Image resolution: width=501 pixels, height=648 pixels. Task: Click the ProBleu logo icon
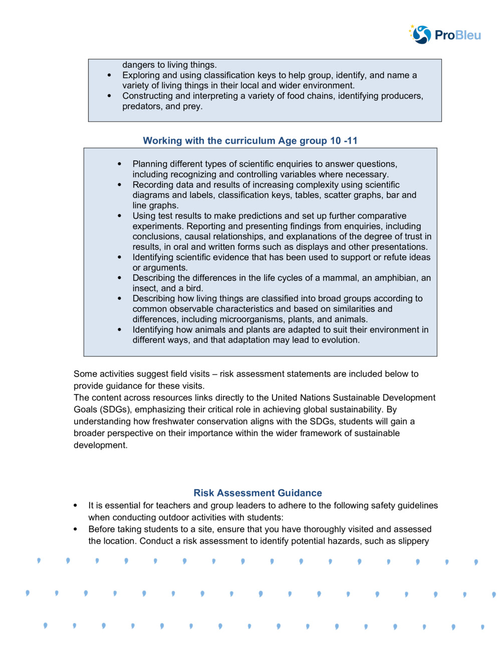(x=421, y=35)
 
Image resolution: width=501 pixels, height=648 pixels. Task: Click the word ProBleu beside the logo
(x=457, y=35)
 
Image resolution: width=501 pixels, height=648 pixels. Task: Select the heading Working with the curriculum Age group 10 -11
(x=250, y=141)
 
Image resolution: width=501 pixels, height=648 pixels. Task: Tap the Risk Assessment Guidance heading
(x=258, y=493)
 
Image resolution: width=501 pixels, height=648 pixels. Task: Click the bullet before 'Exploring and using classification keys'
(x=109, y=76)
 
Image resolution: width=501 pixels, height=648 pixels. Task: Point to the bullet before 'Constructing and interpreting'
(x=109, y=96)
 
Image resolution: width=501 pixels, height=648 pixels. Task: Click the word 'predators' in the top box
(x=142, y=106)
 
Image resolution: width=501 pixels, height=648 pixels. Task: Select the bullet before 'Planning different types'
(x=119, y=164)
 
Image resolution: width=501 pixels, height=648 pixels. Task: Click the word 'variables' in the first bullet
(x=310, y=174)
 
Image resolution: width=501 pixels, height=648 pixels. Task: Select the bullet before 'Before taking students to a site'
(x=75, y=529)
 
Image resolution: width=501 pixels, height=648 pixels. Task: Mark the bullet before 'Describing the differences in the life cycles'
(x=119, y=278)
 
